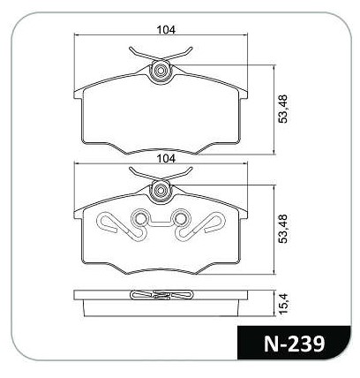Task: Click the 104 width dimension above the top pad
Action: (166, 30)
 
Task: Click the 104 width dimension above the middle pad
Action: (166, 159)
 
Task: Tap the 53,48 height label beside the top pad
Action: (284, 109)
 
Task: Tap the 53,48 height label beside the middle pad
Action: (284, 229)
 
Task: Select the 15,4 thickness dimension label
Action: (284, 303)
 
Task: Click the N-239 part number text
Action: (294, 344)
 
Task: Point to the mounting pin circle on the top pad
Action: (161, 71)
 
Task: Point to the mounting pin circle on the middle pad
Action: (161, 191)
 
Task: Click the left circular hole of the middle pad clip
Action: (139, 218)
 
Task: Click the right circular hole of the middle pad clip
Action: (180, 218)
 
